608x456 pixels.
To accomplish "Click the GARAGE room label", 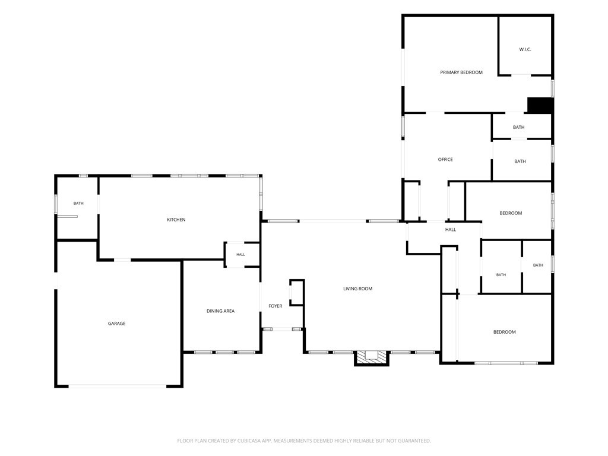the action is (117, 324).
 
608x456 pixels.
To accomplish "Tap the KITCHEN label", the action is (176, 220).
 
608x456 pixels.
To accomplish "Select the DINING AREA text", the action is (221, 311).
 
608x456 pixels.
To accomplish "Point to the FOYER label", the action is (275, 306).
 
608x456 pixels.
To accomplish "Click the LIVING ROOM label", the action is (358, 289).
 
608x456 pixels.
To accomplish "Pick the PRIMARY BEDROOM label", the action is (461, 72).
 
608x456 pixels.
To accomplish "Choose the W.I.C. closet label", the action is (525, 50).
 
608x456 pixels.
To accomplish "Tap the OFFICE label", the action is (445, 159).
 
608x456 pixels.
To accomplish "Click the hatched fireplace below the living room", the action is (372, 357).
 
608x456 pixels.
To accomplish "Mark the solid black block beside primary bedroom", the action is (540, 106).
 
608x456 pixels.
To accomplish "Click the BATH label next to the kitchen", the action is (78, 203).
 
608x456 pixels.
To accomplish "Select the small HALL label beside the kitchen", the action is (241, 255).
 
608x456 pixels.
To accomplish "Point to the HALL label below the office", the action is (451, 230).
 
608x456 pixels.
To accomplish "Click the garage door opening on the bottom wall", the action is (118, 386).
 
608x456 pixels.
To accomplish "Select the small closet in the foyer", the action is (297, 292).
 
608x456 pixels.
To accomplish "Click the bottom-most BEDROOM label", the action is (505, 332).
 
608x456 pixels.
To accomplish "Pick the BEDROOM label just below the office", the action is (511, 213).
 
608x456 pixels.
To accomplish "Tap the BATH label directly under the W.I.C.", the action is (519, 127).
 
